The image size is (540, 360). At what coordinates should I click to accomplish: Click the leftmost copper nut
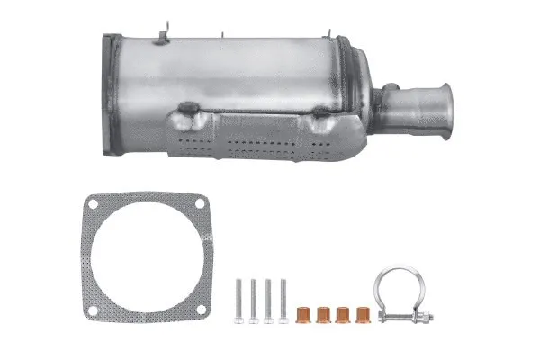[304, 316]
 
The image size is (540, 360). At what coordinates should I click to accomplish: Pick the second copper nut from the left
[324, 316]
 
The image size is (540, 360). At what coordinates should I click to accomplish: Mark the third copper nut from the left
[344, 316]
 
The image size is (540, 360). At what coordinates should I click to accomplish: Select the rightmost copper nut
[364, 316]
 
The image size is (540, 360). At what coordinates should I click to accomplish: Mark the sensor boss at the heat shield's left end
[188, 112]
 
